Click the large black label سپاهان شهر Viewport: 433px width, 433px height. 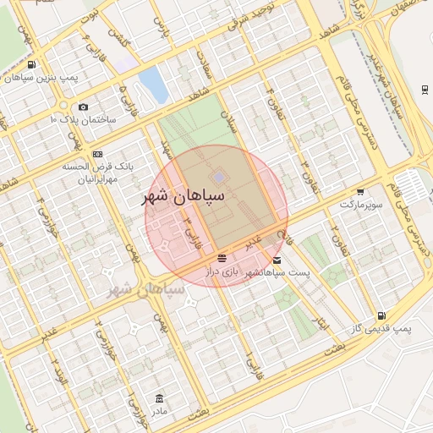click(x=184, y=197)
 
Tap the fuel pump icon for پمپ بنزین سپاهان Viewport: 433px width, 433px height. click(x=31, y=65)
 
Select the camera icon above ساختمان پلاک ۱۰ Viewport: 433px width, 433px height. click(x=83, y=107)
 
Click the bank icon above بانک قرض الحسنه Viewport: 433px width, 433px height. click(x=98, y=154)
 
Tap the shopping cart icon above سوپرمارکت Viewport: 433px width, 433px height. click(x=361, y=192)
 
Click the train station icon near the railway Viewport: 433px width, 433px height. click(x=423, y=89)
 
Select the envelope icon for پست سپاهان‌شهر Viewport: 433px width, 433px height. click(x=277, y=260)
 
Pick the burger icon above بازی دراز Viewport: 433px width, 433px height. click(x=222, y=257)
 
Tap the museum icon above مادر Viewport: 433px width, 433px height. click(x=159, y=398)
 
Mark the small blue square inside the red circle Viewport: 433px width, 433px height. click(x=219, y=177)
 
